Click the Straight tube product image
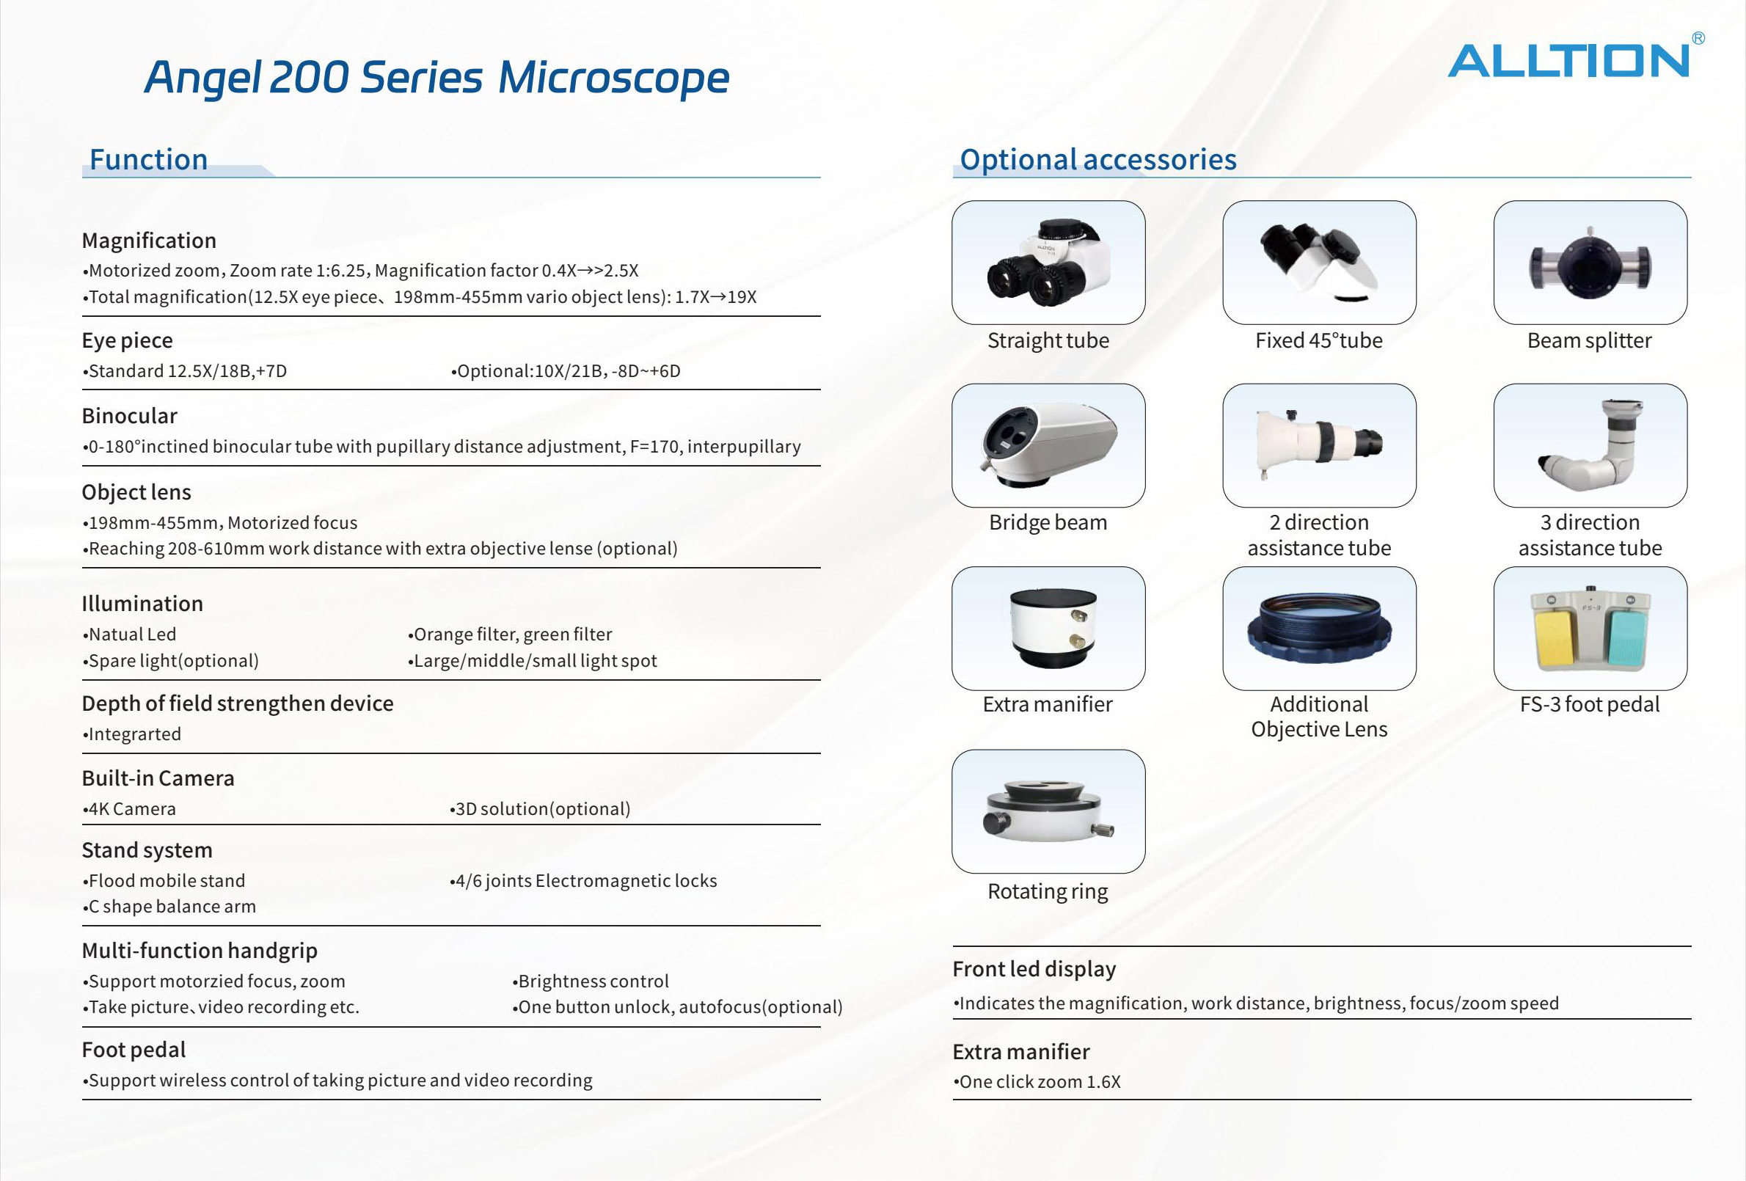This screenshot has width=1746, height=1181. pyautogui.click(x=1048, y=262)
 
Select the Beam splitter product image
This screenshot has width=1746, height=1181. pyautogui.click(x=1590, y=262)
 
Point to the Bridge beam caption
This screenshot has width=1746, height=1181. pyautogui.click(x=1048, y=522)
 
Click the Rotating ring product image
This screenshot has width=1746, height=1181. pyautogui.click(x=1048, y=811)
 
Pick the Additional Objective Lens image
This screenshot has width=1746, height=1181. pyautogui.click(x=1319, y=628)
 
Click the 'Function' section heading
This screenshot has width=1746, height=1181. pyautogui.click(x=149, y=159)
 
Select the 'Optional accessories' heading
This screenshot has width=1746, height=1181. pyautogui.click(x=1097, y=159)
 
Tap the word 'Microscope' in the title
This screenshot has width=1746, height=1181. pyautogui.click(x=613, y=77)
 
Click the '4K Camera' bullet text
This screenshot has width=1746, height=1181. pyautogui.click(x=132, y=809)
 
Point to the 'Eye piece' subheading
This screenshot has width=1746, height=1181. pyautogui.click(x=127, y=340)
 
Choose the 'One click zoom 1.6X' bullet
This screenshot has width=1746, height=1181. pyautogui.click(x=1040, y=1082)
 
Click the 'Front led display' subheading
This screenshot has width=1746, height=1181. pyautogui.click(x=1034, y=969)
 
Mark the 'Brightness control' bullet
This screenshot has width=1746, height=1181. pyautogui.click(x=593, y=981)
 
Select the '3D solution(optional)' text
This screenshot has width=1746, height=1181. pyautogui.click(x=542, y=809)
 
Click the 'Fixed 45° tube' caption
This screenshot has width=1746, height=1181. pyautogui.click(x=1318, y=340)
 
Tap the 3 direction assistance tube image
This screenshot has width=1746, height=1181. pyautogui.click(x=1590, y=445)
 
